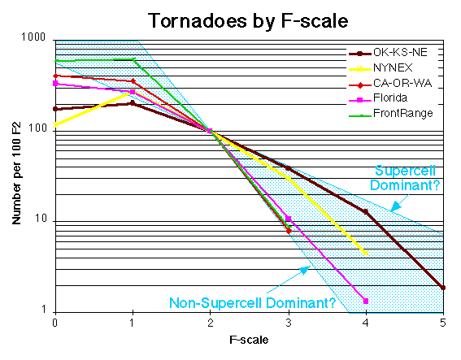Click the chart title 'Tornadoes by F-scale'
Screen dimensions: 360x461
230,18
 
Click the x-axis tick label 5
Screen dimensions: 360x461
443,323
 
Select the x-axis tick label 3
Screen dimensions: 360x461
288,323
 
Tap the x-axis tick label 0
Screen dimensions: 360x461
54,323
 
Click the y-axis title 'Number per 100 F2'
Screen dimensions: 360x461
15,175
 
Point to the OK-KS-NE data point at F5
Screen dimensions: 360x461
443,288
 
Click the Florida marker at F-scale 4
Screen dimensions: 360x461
366,301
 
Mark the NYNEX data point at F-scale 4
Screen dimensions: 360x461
366,254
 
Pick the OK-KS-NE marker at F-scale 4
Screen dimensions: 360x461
366,211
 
